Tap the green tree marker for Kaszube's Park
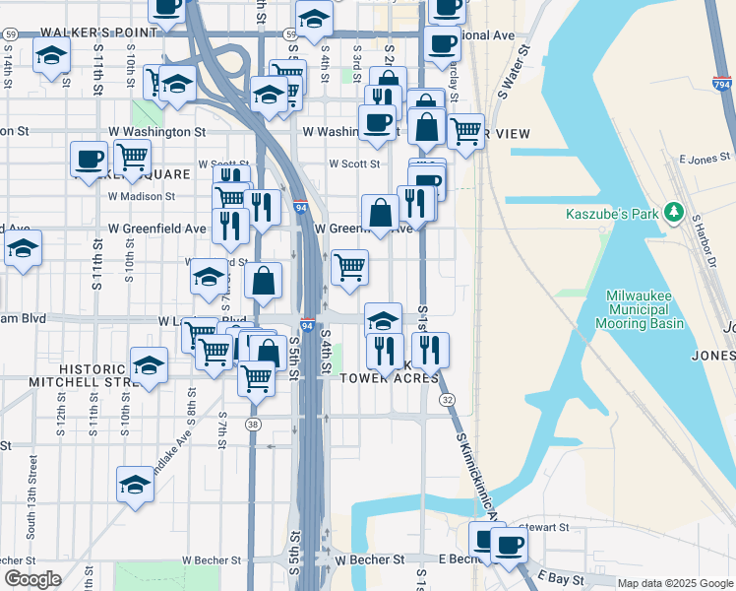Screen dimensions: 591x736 pos(674,212)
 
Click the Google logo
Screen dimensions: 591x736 pos(32,579)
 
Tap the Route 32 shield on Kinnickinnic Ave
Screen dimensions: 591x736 pos(448,399)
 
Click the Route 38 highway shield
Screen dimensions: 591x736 pos(254,424)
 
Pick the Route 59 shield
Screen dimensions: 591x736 pos(10,33)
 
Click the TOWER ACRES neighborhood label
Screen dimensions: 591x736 pos(389,378)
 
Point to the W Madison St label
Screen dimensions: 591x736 pos(142,195)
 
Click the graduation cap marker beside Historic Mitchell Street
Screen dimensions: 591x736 pos(149,364)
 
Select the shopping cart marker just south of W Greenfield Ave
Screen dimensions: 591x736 pos(349,267)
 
